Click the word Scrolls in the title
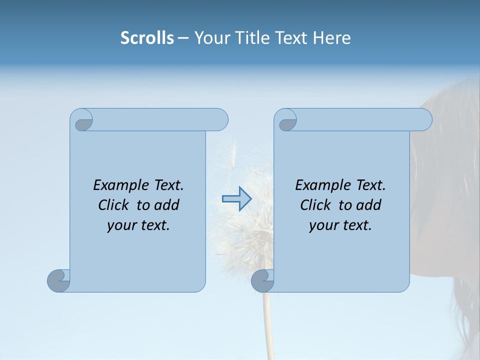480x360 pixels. (x=147, y=38)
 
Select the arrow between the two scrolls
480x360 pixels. (x=236, y=198)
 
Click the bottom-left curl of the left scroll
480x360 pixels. (x=58, y=280)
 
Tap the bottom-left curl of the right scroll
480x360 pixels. (x=262, y=280)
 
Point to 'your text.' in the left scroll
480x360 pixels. (x=138, y=225)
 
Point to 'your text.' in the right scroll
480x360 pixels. (x=340, y=225)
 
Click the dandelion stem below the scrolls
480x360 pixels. (x=269, y=325)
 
